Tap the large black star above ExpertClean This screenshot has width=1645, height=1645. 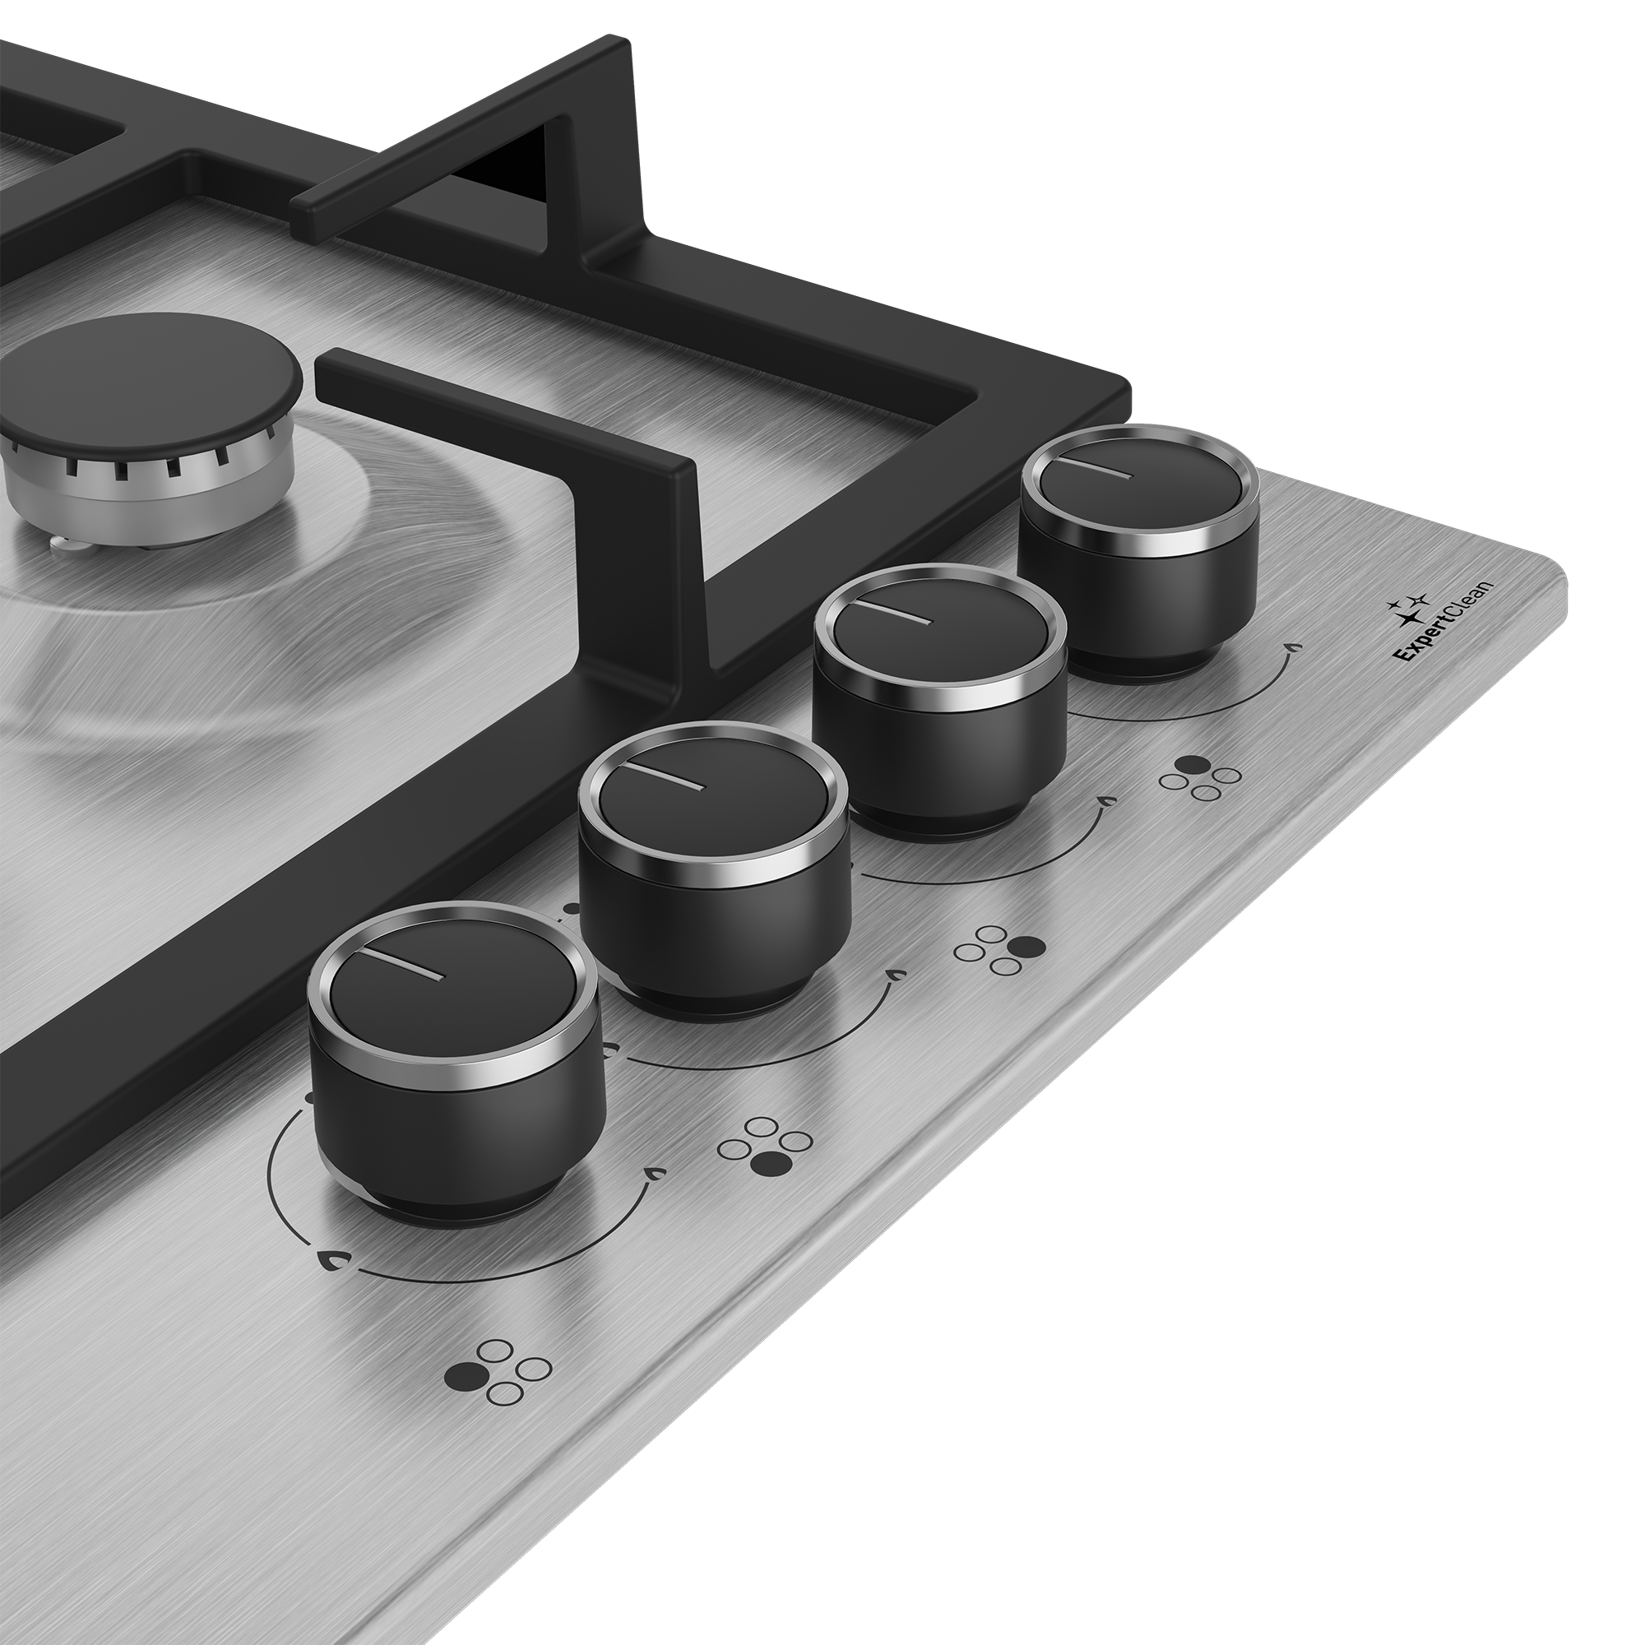point(1414,618)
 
